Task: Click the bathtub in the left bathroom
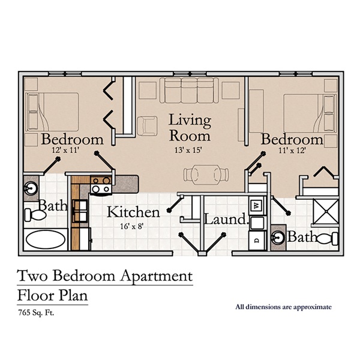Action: click(46, 241)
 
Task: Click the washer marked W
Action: click(257, 206)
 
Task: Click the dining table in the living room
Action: click(206, 174)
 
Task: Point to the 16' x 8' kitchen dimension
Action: click(133, 226)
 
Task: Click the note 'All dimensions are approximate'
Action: click(283, 307)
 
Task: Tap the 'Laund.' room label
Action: click(226, 220)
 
